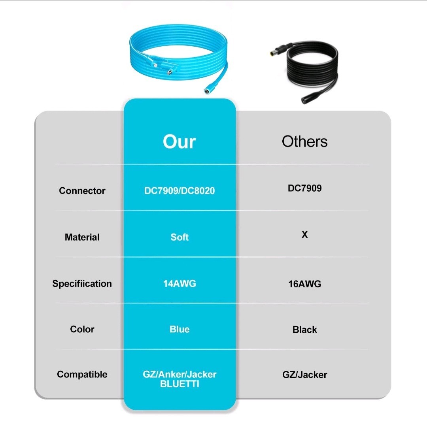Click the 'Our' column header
click(179, 141)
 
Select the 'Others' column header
click(304, 141)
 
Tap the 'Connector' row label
click(82, 190)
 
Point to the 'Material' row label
click(82, 237)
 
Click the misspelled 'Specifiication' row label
click(82, 284)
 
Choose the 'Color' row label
click(82, 329)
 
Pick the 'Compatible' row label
click(82, 375)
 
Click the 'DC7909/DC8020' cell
click(179, 190)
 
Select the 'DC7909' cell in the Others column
click(304, 188)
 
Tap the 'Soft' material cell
click(179, 237)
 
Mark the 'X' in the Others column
click(304, 234)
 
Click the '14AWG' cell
click(179, 284)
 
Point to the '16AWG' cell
click(304, 284)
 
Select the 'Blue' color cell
click(179, 329)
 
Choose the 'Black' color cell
click(304, 330)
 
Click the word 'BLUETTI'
click(179, 384)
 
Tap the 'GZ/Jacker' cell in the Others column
click(304, 375)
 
